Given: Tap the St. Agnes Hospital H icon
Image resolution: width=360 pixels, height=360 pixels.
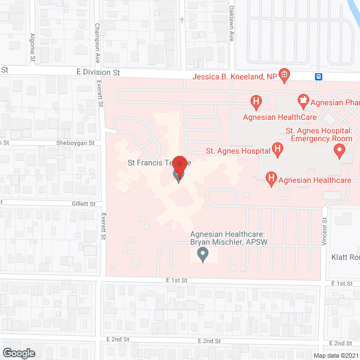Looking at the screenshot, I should pos(277,149).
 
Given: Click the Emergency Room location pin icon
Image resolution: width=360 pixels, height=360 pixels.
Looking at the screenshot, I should pos(339,151).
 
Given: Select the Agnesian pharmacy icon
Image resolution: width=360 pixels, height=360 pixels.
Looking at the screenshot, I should pos(304,102).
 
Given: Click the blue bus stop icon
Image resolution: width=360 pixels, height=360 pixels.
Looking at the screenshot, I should pos(318,76).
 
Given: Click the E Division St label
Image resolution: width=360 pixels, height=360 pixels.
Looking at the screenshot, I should pos(98,73).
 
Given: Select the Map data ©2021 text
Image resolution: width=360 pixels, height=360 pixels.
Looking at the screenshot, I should pos(335,355).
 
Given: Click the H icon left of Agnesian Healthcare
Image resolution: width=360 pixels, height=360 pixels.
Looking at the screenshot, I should pos(271,180).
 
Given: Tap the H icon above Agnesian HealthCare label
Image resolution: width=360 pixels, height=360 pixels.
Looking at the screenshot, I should pos(256,103).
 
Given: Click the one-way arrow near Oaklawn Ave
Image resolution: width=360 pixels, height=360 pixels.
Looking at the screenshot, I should pos(182,20).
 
